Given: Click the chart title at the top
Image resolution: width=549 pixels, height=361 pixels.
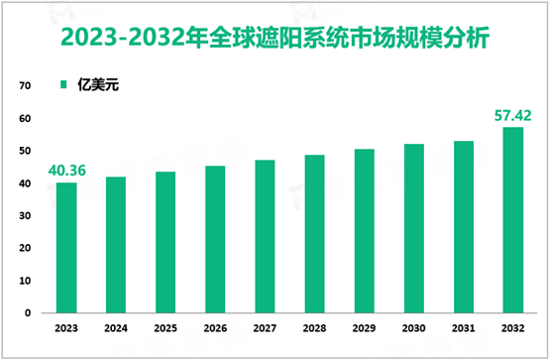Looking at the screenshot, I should coord(274,38).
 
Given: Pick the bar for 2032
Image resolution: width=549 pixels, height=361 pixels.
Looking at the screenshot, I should coord(512,219).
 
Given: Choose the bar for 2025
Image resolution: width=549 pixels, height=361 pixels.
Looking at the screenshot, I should coord(165,242).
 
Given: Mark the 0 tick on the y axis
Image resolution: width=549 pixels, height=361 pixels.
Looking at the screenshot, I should coord(25,312).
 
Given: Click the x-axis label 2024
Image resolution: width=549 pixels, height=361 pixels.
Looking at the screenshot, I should coord(116,329).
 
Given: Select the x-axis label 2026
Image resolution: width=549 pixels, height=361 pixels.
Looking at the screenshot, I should coord(215,329).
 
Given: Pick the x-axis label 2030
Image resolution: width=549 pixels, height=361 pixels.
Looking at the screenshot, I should coord(413,329).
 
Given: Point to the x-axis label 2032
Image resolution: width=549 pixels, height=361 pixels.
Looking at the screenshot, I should coord(512,329).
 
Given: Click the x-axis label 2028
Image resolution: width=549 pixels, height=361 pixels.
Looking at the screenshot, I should coord(314,329).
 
